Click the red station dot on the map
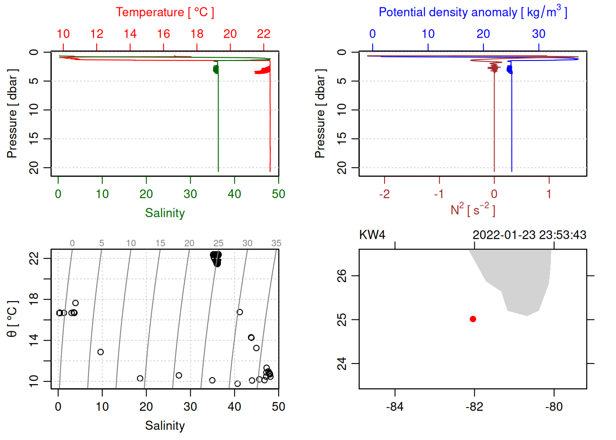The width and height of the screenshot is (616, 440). [x=473, y=319]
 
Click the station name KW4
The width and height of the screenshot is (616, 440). [x=372, y=235]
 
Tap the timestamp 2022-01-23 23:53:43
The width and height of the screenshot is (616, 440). [x=529, y=235]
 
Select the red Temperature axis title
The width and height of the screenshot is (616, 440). [x=165, y=12]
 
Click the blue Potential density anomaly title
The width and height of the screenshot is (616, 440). [x=473, y=12]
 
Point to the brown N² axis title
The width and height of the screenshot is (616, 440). [x=473, y=209]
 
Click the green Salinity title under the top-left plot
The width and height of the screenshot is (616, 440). [x=165, y=213]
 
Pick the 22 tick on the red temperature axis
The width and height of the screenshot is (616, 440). [x=264, y=34]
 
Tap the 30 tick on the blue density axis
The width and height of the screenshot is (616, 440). [x=539, y=34]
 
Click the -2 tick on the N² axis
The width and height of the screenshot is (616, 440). [x=384, y=194]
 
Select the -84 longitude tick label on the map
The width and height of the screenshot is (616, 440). [x=395, y=407]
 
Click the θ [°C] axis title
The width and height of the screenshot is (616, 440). [x=12, y=319]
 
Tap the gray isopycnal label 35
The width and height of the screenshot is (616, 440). [x=276, y=243]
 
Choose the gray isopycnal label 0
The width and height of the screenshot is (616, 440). [x=72, y=243]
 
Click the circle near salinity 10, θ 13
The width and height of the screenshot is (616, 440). [x=101, y=352]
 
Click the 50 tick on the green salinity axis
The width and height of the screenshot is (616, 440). [x=278, y=194]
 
